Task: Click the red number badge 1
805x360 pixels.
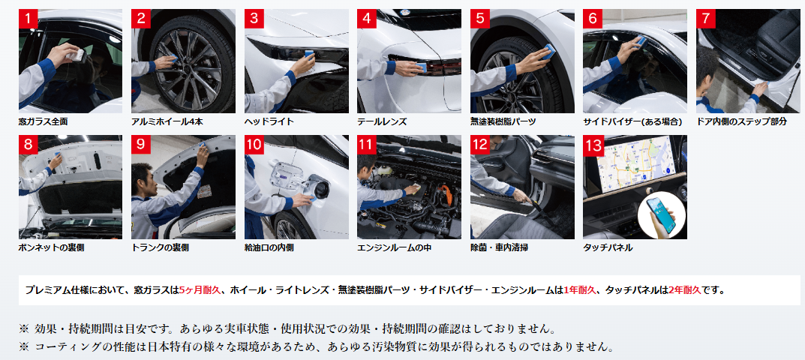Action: pyautogui.click(x=28, y=19)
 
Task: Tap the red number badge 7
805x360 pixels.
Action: pyautogui.click(x=705, y=19)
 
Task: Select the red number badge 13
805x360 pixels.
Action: pyautogui.click(x=593, y=145)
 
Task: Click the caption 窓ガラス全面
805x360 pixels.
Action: pyautogui.click(x=43, y=121)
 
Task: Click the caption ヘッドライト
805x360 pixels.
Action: pyautogui.click(x=269, y=121)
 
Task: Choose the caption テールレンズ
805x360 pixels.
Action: pyautogui.click(x=382, y=121)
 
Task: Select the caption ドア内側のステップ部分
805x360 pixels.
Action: pyautogui.click(x=741, y=121)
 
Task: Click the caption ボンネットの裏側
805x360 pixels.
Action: pyautogui.click(x=51, y=247)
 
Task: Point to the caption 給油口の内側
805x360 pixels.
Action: pyautogui.click(x=269, y=247)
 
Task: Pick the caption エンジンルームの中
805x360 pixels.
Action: pyautogui.click(x=395, y=247)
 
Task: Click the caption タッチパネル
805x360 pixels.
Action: pyautogui.click(x=608, y=247)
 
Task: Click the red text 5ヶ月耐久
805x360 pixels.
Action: pyautogui.click(x=200, y=289)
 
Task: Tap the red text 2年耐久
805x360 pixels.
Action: pyautogui.click(x=684, y=289)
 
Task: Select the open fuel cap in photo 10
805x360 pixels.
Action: pyautogui.click(x=320, y=189)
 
